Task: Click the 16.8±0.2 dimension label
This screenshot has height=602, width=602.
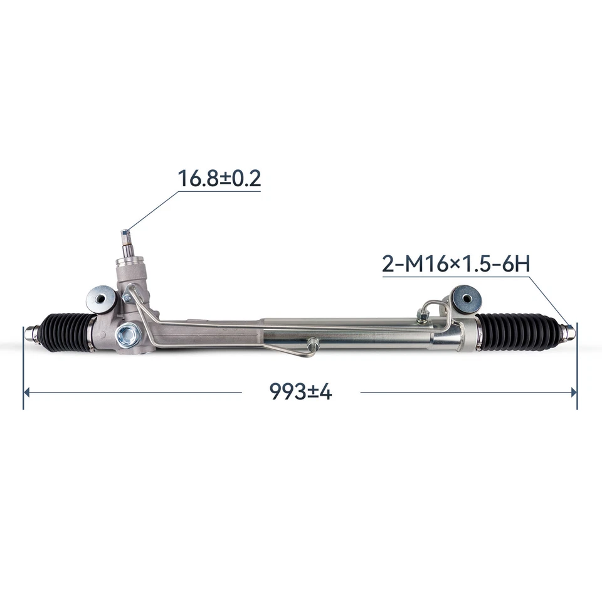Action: [x=219, y=178]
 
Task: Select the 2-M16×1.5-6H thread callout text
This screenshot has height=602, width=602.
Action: [x=456, y=263]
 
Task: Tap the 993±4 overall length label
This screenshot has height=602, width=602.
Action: [x=300, y=392]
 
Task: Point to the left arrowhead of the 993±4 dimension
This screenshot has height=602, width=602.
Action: [x=28, y=392]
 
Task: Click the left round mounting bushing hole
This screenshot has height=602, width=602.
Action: [x=99, y=297]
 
